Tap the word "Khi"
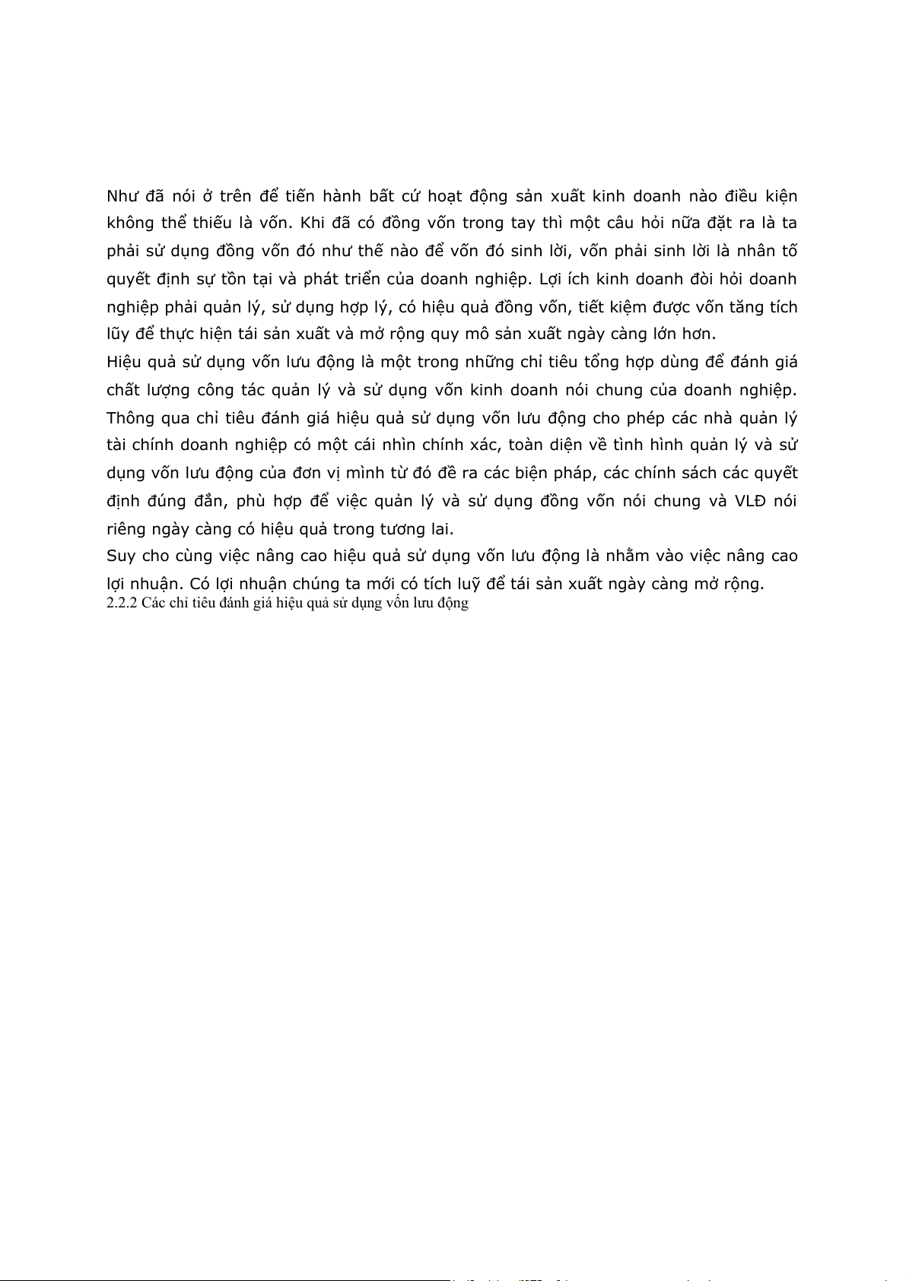click(x=313, y=224)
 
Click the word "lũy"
click(x=118, y=335)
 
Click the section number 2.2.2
click(x=121, y=604)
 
